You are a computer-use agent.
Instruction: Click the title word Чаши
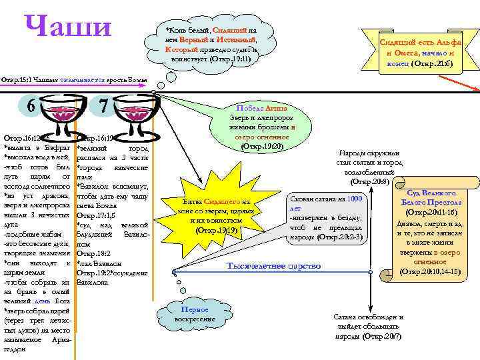(x=67, y=27)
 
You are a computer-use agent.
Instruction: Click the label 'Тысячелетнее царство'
(x=274, y=266)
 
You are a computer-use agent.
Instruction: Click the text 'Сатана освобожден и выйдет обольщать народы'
(x=368, y=327)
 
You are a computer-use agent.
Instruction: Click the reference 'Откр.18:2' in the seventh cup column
(x=91, y=254)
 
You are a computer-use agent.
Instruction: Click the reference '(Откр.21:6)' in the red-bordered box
(x=434, y=64)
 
